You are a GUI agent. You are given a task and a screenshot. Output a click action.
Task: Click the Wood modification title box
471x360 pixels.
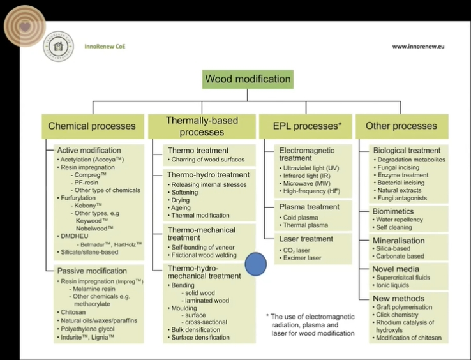[248, 79]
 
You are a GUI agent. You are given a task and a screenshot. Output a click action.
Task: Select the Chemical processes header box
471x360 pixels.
[92, 126]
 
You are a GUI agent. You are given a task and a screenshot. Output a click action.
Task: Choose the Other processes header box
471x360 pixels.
[401, 126]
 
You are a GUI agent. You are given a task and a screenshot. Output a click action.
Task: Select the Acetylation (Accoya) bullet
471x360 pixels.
[90, 159]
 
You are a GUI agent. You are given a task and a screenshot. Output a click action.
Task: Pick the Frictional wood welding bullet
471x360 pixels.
[202, 255]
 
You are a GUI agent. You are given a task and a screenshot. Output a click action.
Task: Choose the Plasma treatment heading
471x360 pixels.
[310, 207]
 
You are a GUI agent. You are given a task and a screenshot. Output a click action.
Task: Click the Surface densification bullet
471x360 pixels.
[202, 336]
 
